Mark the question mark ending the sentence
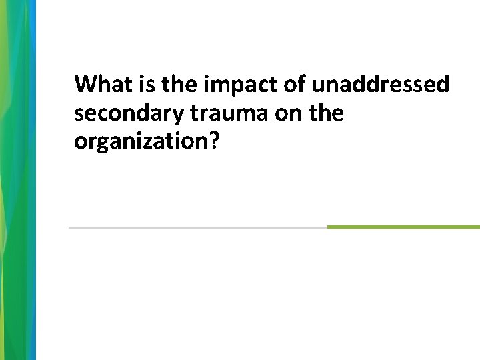(x=214, y=142)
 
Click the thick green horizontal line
(x=403, y=227)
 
